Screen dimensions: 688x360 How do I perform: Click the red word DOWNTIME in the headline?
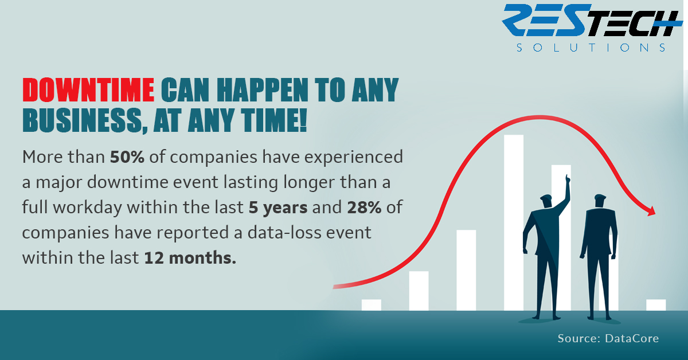(x=88, y=89)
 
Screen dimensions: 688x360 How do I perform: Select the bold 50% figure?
(x=127, y=156)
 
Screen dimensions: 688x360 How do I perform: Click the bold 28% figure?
(x=364, y=207)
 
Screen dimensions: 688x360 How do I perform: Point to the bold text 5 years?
(x=278, y=208)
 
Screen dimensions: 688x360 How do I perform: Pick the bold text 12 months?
(x=190, y=258)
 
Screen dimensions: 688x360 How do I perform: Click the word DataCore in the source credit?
(x=632, y=338)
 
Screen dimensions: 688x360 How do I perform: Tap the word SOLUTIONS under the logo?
(x=591, y=48)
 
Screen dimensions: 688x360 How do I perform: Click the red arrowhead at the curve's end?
(x=651, y=211)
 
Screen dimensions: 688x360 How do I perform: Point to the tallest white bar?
(x=514, y=222)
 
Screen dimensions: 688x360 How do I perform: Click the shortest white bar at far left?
(x=372, y=305)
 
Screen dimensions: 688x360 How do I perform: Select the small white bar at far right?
(x=656, y=305)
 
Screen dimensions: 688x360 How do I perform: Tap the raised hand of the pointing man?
(x=567, y=179)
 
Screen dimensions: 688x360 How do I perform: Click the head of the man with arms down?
(x=600, y=201)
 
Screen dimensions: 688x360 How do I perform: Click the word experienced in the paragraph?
(x=354, y=157)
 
